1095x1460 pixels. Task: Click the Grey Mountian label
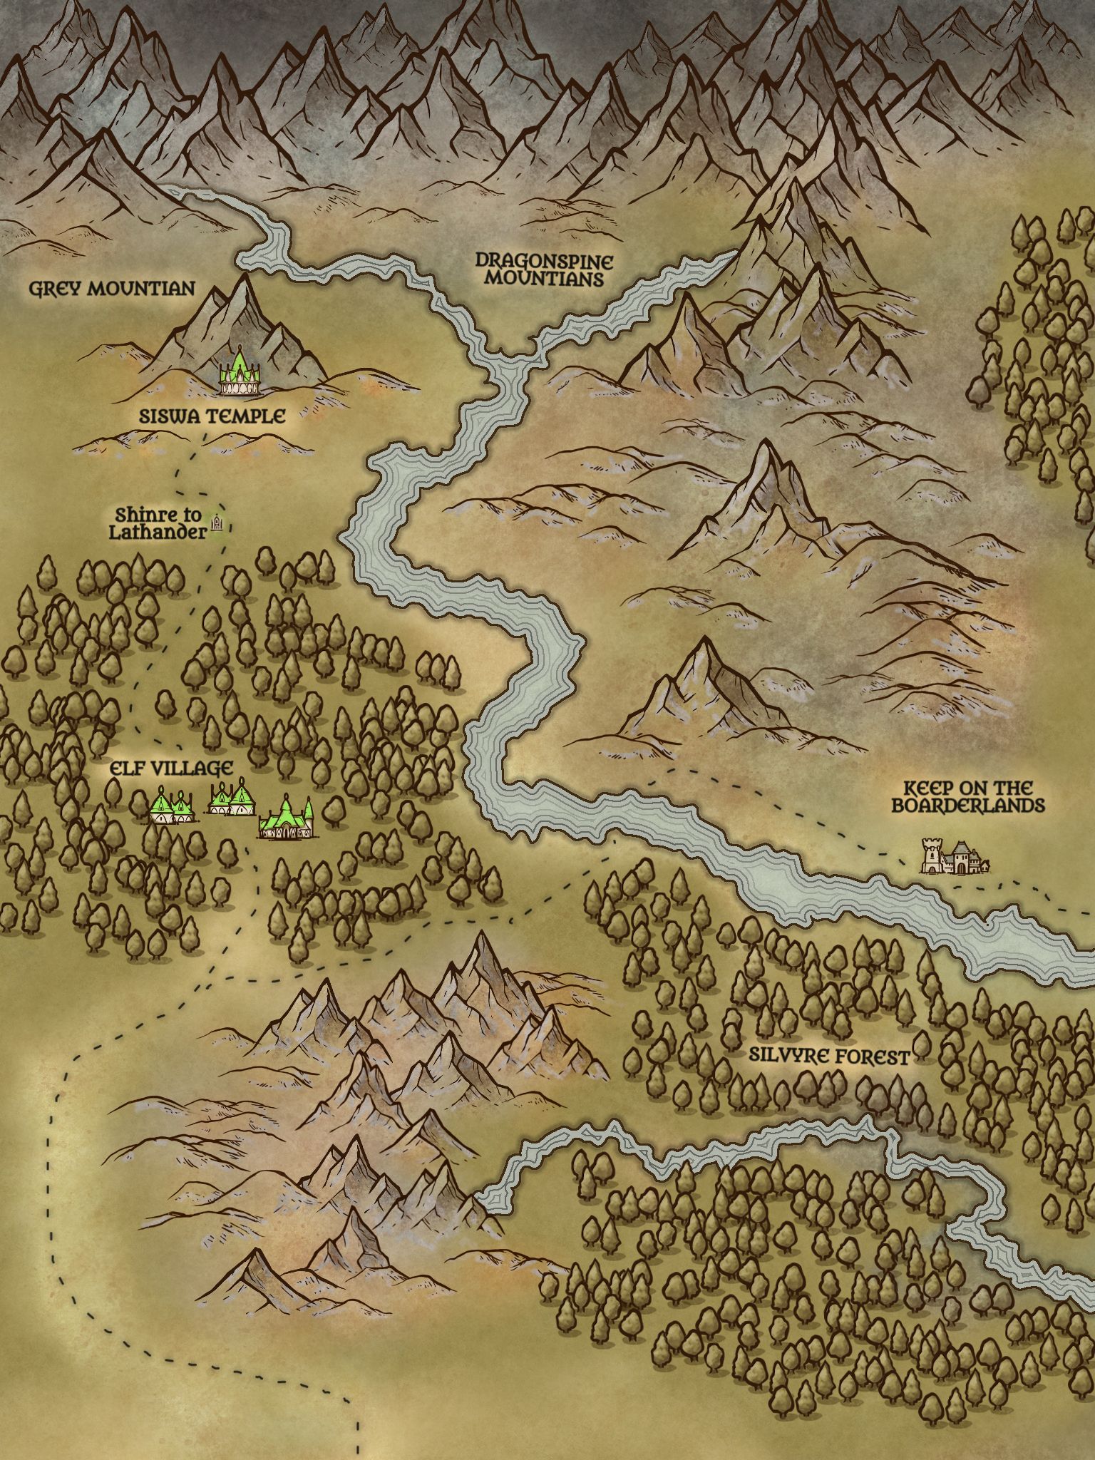point(111,289)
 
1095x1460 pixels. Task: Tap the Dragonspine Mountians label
point(544,269)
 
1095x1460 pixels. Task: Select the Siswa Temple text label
point(212,416)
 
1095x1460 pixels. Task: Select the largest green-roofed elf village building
point(287,818)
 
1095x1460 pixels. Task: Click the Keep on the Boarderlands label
point(957,797)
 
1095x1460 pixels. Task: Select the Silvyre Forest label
point(829,1057)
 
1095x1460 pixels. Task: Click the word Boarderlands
point(957,806)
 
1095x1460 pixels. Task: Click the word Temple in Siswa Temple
point(246,416)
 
